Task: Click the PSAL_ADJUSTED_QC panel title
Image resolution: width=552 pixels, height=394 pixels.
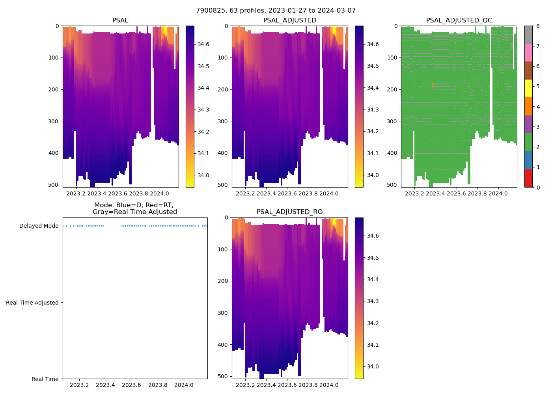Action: [459, 20]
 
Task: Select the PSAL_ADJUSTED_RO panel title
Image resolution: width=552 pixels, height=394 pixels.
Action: [289, 212]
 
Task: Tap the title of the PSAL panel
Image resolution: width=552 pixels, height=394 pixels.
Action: [120, 20]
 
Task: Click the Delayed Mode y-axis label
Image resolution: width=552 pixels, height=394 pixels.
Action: [39, 226]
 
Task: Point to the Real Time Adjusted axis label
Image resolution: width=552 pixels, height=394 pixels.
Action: [32, 303]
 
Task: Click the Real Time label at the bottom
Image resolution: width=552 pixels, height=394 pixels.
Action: [45, 379]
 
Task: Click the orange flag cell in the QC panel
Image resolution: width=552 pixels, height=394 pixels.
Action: [433, 85]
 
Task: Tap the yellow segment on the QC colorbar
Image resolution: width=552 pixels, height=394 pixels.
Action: [528, 88]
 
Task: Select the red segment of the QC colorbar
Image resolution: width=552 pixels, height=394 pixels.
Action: [528, 178]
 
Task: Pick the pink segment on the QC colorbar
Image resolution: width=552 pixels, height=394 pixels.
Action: [528, 52]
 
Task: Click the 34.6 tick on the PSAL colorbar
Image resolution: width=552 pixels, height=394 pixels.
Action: [203, 44]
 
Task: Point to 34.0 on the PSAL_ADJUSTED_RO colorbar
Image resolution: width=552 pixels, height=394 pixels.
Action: [373, 366]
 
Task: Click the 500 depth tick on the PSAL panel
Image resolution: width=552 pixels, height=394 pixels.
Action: [54, 185]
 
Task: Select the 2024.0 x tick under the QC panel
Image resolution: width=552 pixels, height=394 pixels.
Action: [498, 193]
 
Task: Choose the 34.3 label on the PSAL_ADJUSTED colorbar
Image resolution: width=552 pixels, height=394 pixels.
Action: [373, 110]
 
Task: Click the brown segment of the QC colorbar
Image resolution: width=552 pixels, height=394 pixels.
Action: [528, 71]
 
